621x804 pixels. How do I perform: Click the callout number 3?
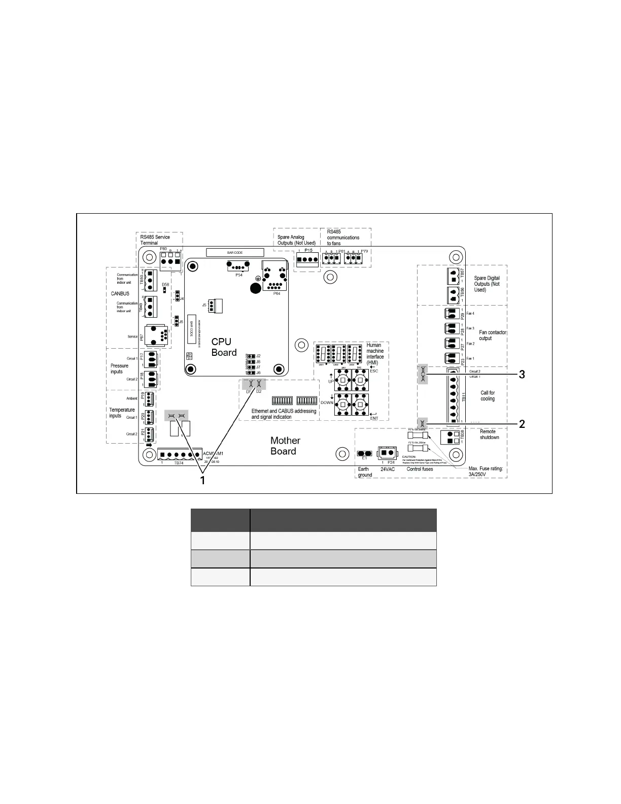pos(522,375)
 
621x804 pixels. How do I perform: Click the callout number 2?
pos(522,424)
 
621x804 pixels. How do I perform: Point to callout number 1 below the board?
pos(202,480)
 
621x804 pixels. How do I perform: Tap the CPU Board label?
pos(224,347)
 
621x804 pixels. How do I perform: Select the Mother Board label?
pos(285,446)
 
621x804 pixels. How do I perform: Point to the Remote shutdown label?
pos(489,434)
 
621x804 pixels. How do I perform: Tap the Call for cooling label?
pos(488,396)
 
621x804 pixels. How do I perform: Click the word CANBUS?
pos(120,293)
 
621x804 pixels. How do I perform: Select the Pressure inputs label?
pos(119,368)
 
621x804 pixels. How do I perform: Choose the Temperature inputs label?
pos(122,413)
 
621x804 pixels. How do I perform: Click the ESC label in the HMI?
pos(374,371)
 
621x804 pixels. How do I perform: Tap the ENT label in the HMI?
pos(374,418)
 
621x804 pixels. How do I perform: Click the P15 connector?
pos(307,259)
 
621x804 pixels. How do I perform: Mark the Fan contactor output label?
pos(493,335)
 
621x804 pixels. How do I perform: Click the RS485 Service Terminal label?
pos(155,240)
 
